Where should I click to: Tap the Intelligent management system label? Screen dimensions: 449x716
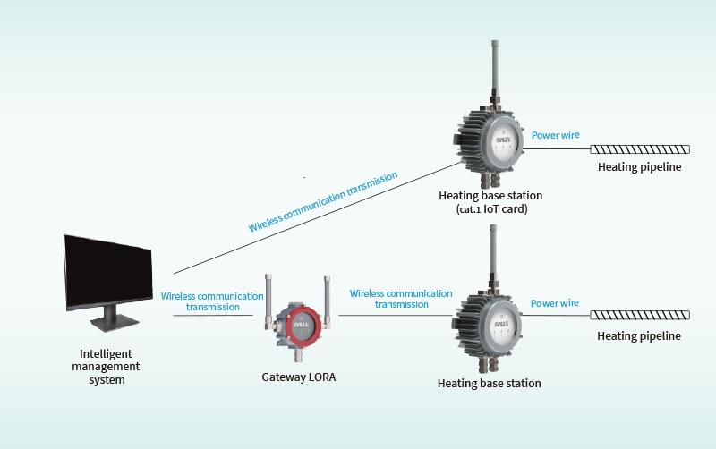click(x=107, y=367)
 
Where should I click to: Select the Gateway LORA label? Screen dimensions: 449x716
click(x=299, y=377)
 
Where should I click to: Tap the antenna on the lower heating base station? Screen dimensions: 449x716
click(x=493, y=255)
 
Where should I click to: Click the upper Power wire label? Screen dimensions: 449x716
click(x=556, y=135)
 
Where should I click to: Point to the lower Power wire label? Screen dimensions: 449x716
click(x=555, y=303)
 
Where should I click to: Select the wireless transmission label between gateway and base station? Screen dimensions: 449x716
click(x=401, y=299)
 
